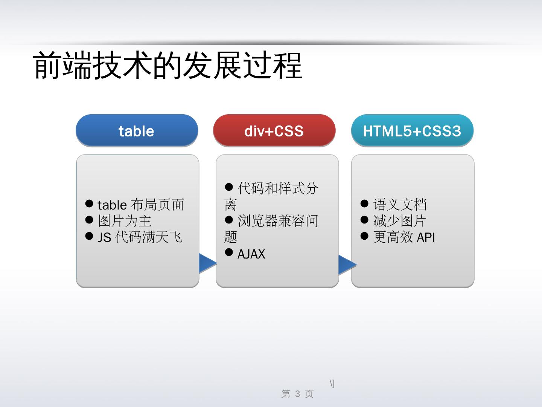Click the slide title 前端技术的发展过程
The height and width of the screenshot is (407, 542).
click(168, 66)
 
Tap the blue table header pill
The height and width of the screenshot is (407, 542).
click(137, 131)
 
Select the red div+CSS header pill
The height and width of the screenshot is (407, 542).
click(274, 131)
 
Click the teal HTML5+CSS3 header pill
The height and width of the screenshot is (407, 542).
click(412, 131)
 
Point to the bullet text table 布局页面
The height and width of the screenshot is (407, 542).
click(140, 205)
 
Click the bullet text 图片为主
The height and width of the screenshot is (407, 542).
click(125, 221)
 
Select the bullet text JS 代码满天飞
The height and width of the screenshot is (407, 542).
click(140, 237)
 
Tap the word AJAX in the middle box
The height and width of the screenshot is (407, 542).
click(251, 254)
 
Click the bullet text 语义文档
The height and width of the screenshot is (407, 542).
click(400, 205)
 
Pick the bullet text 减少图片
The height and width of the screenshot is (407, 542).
click(400, 221)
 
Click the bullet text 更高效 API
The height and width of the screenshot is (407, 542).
click(404, 237)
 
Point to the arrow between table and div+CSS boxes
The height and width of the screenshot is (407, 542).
click(207, 263)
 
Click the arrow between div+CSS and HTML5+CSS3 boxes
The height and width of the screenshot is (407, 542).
click(346, 265)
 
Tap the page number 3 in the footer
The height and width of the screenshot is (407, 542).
click(297, 394)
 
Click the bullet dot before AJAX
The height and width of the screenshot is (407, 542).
click(229, 252)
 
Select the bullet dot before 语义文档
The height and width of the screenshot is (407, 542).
click(364, 203)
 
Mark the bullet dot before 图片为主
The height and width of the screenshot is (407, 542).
click(89, 220)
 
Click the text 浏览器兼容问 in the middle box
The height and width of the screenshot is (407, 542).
click(278, 221)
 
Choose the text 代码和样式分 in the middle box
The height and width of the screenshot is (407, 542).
click(278, 188)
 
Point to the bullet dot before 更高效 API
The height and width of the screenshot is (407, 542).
click(364, 236)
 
